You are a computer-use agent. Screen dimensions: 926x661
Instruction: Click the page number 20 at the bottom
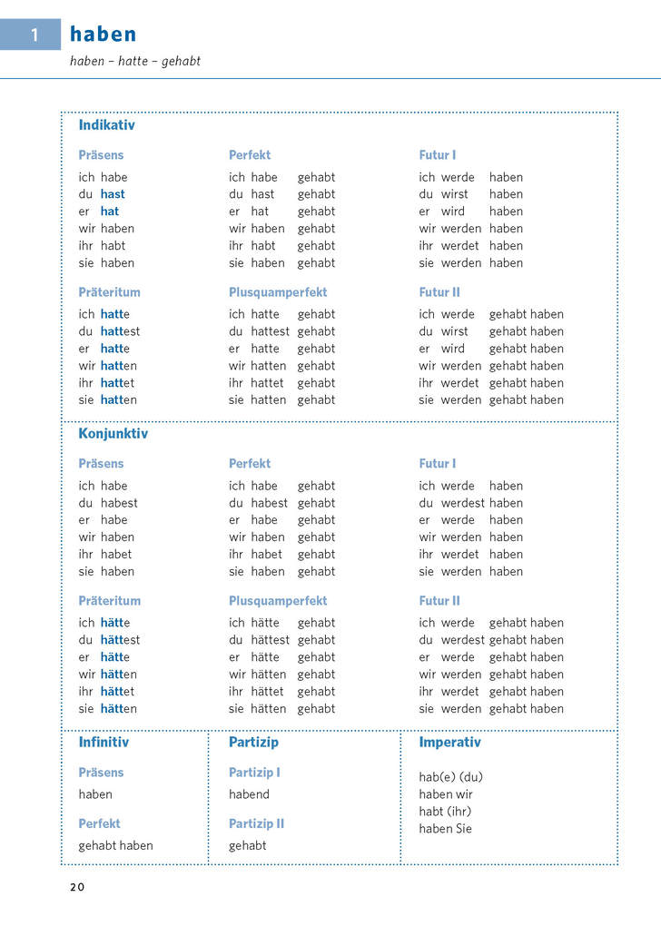[x=76, y=887]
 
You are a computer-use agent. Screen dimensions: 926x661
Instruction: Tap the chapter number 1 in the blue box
[x=35, y=34]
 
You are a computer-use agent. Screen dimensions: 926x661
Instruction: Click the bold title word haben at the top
[x=104, y=34]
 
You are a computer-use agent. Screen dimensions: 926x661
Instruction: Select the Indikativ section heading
[x=106, y=125]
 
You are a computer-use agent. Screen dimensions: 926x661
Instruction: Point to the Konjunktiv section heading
[x=113, y=434]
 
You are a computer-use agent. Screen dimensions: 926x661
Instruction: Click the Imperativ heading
[x=449, y=743]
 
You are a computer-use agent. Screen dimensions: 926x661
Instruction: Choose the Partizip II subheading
[x=256, y=823]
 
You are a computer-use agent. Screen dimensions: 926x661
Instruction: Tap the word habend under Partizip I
[x=249, y=794]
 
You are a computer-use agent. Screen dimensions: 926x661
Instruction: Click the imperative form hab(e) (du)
[x=450, y=777]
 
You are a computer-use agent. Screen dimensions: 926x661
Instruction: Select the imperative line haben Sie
[x=445, y=829]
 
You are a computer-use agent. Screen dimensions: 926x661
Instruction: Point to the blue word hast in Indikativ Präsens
[x=113, y=194]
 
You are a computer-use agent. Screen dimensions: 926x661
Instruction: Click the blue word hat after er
[x=109, y=212]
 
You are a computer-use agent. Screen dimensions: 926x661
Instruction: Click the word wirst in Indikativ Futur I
[x=455, y=194]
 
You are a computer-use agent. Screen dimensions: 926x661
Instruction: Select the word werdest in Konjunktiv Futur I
[x=463, y=503]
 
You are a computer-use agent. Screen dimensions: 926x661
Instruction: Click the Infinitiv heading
[x=104, y=743]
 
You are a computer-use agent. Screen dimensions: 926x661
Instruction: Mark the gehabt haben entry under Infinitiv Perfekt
[x=115, y=846]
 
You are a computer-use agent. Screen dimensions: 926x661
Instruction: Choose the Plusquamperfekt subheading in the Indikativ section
[x=278, y=292]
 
